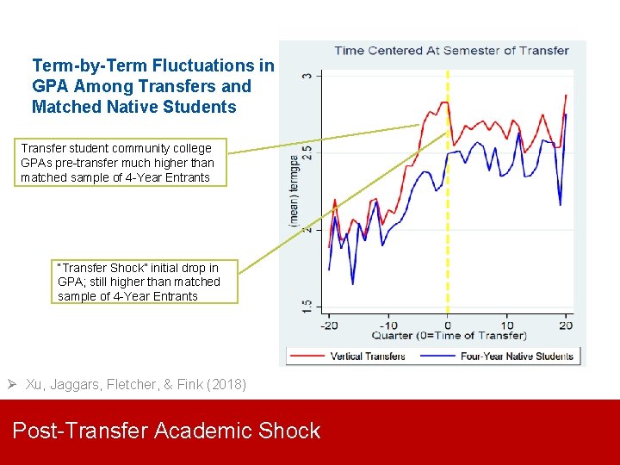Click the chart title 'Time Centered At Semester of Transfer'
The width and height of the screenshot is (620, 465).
pos(451,50)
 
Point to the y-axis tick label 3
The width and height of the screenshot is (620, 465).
pos(307,76)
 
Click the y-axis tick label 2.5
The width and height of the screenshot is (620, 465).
pos(307,152)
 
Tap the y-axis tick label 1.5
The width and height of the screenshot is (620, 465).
pos(307,305)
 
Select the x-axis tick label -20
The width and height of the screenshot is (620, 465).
pos(329,325)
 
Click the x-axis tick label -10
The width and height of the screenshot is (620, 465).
pos(388,325)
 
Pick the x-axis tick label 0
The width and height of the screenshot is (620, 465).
pos(448,325)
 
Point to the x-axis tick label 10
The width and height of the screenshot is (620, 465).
pos(506,325)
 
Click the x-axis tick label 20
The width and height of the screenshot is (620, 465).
pos(565,325)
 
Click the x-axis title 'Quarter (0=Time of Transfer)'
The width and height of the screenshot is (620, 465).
pos(449,336)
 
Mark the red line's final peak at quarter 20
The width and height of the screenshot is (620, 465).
pos(566,96)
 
